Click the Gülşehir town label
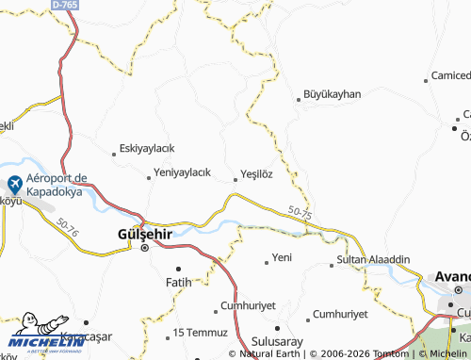pos(143,233)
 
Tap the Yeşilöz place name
pos(257,174)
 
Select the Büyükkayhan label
pos(332,95)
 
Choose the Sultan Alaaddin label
pos(373,257)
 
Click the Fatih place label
pos(178,282)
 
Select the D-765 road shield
pos(65,5)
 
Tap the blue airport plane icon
pos(15,184)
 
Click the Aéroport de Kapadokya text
pos(56,184)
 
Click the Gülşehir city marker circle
pos(144,248)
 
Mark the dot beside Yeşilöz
pos(235,175)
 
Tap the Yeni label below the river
pos(282,257)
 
